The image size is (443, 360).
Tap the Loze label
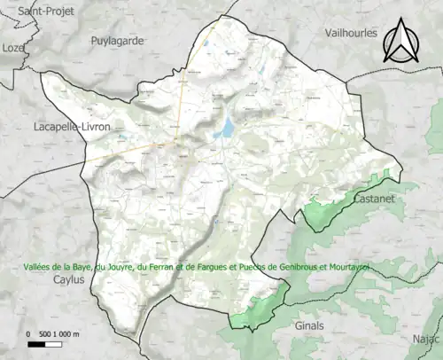(12, 47)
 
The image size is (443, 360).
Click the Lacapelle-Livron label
(72, 128)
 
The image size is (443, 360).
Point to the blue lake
(225, 130)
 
